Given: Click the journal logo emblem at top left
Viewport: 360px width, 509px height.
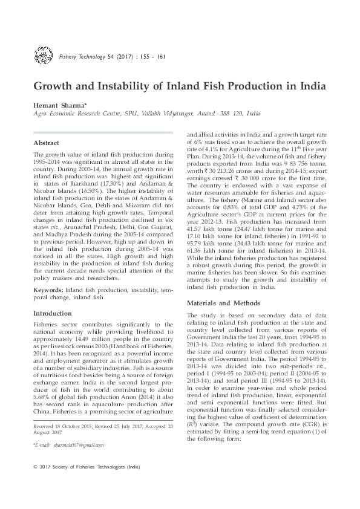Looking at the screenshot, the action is (x=43, y=57).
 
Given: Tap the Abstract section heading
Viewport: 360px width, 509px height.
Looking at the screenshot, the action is (x=47, y=144).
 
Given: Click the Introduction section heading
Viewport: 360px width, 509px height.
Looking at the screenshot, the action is (x=53, y=314).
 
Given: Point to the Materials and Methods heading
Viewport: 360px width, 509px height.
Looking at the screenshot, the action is (x=218, y=303).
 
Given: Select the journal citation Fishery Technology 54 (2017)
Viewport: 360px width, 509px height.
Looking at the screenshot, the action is (x=96, y=57).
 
